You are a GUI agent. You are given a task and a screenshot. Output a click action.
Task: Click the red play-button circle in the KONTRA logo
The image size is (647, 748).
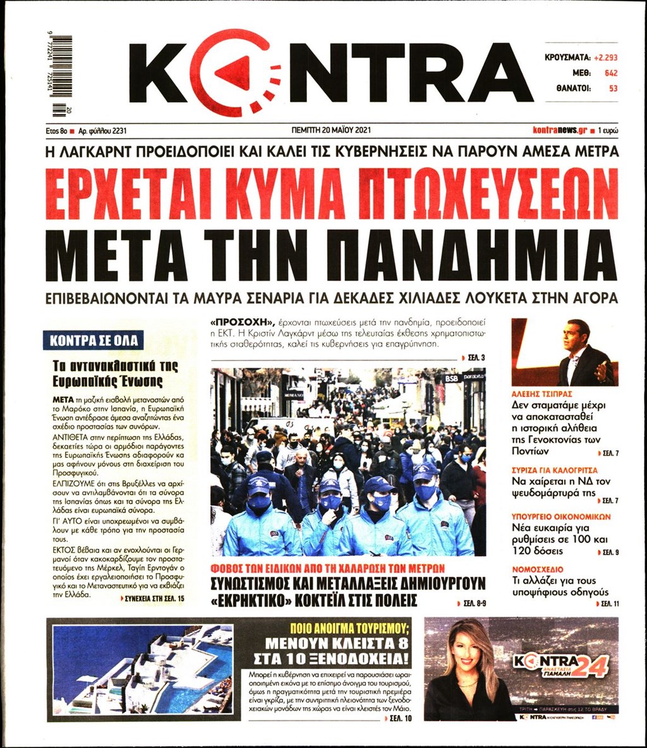coord(233,73)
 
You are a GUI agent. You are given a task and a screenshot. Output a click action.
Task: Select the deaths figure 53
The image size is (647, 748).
coord(612,88)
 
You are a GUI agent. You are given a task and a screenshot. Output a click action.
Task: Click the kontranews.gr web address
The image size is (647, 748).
coord(559,130)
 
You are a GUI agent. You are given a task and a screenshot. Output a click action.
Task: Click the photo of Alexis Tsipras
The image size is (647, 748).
coord(564,352)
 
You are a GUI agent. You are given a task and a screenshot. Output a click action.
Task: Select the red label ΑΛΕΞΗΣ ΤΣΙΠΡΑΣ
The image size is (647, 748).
coord(542,393)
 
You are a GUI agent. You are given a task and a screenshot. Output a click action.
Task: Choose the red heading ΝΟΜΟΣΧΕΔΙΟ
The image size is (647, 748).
coord(537,569)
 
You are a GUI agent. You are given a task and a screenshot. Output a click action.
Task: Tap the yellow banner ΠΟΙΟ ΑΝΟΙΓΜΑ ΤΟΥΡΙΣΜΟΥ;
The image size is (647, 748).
coord(339,629)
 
